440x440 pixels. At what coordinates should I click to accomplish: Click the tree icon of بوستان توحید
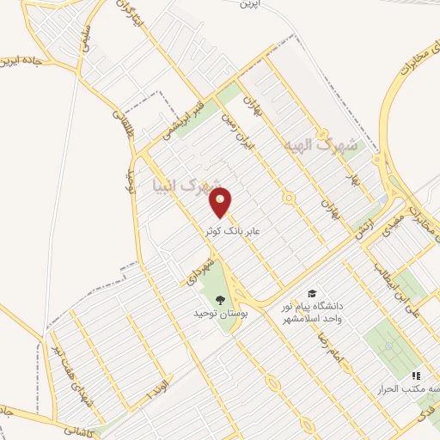coord(222,300)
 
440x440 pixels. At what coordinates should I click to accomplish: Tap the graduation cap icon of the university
coord(311,294)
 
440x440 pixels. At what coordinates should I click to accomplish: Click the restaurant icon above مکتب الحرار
coord(416,376)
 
